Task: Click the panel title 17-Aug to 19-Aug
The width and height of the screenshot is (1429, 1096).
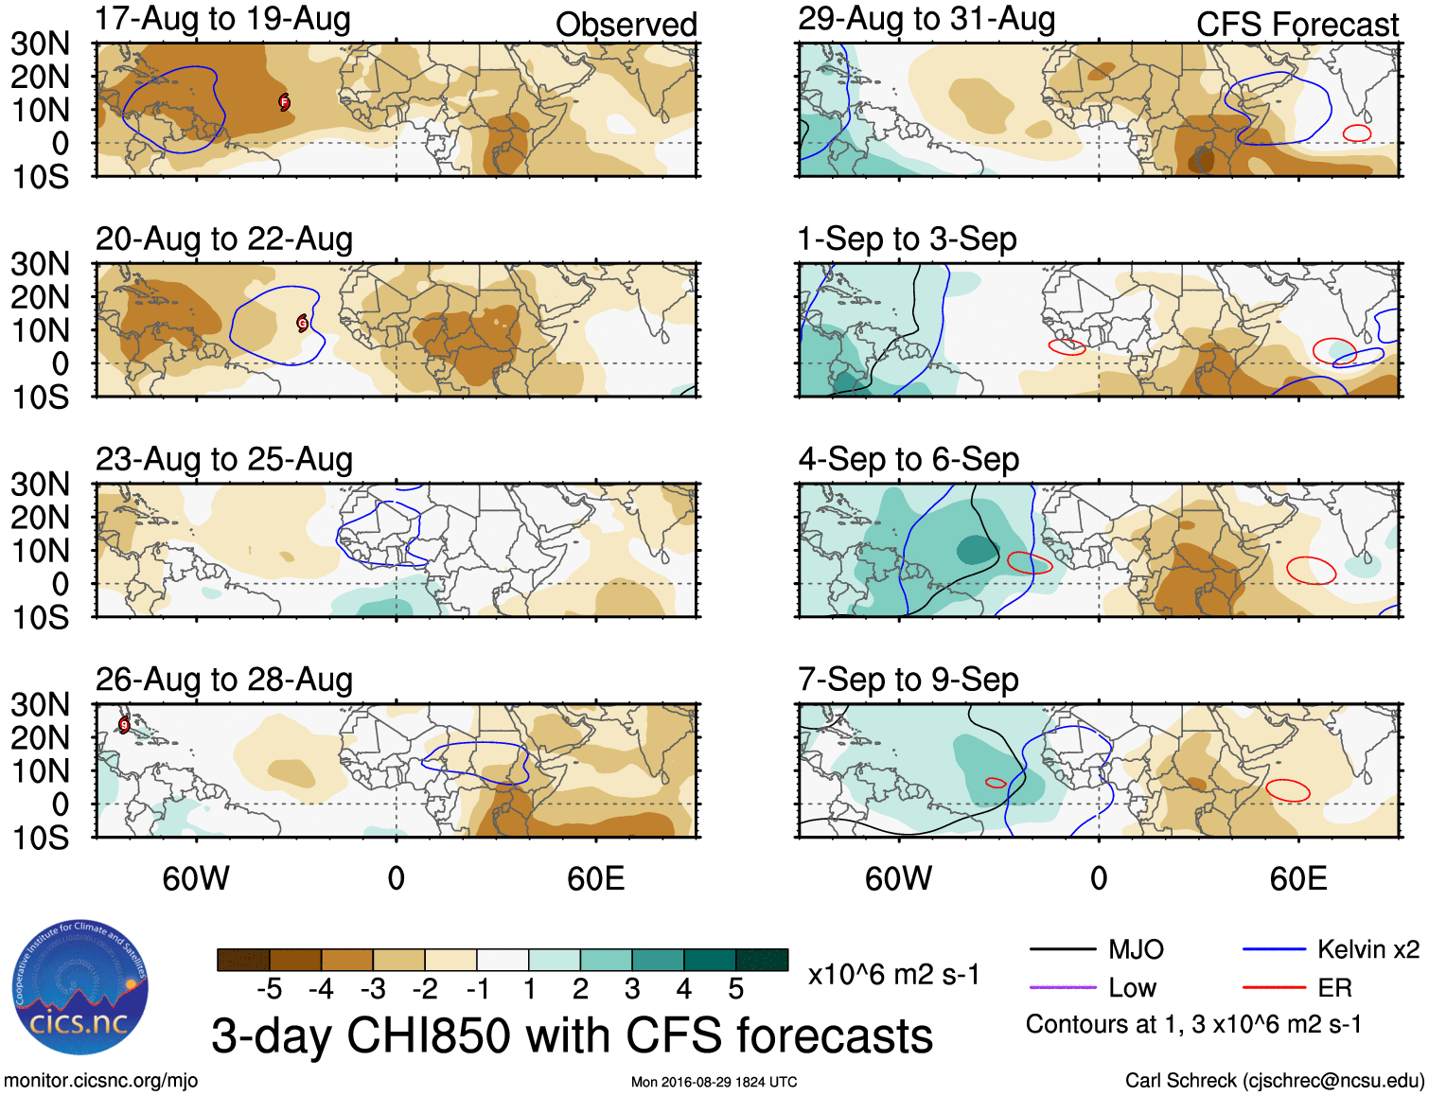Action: click(x=222, y=19)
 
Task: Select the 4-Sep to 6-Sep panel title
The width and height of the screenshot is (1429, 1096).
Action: click(x=908, y=460)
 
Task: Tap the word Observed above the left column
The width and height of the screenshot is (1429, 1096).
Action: click(x=626, y=25)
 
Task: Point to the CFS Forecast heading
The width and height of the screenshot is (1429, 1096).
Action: click(x=1297, y=25)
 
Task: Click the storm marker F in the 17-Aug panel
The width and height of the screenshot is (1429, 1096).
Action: click(x=284, y=102)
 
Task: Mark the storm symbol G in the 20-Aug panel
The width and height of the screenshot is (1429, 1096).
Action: click(x=303, y=323)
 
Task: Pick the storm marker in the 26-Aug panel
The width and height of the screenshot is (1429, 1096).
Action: click(x=124, y=725)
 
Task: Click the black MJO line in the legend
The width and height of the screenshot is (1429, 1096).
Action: click(x=1062, y=949)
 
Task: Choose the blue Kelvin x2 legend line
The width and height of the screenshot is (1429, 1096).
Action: click(x=1273, y=949)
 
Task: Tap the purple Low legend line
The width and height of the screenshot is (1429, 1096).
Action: click(x=1062, y=988)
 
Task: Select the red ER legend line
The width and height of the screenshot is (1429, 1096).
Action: click(x=1273, y=988)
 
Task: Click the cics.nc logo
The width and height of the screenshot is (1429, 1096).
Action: click(x=80, y=987)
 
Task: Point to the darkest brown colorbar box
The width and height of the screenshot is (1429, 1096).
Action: click(x=243, y=960)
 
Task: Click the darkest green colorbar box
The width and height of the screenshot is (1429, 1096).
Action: click(x=762, y=960)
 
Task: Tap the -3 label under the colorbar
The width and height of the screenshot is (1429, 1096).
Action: click(x=373, y=989)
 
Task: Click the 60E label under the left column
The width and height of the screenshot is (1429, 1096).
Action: click(x=595, y=878)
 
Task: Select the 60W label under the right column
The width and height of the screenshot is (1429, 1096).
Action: click(x=898, y=878)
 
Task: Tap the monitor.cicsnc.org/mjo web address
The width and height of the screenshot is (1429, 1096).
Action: click(x=101, y=1081)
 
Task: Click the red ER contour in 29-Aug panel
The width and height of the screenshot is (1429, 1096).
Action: click(x=1357, y=133)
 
